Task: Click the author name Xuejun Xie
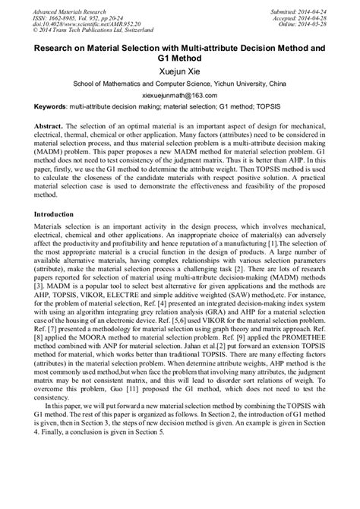pos(179,69)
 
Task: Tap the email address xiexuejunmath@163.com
pos(179,98)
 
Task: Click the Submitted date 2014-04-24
pos(308,5)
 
